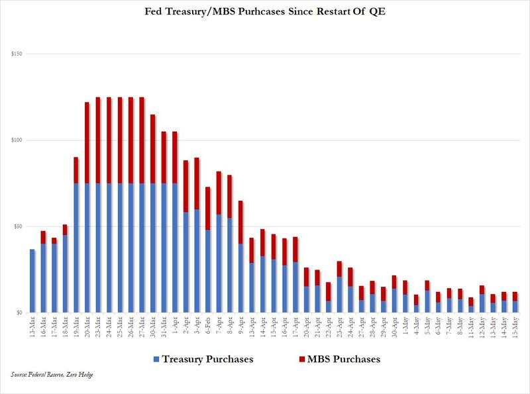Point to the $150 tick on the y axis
point(15,54)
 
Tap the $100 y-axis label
point(15,140)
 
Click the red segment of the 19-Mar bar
point(76,170)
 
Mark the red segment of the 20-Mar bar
point(86,142)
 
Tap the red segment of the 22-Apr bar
point(328,291)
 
